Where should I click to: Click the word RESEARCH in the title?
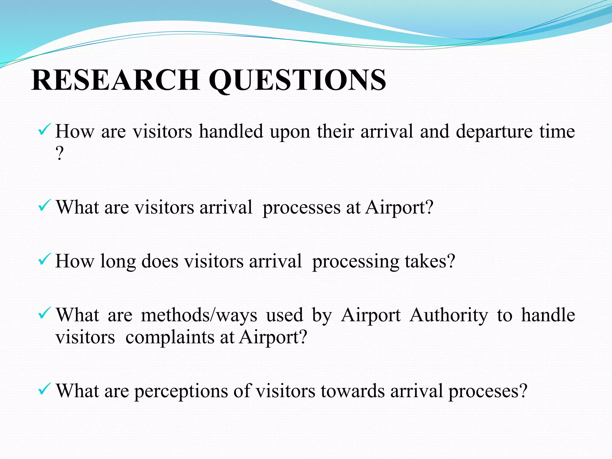(115, 80)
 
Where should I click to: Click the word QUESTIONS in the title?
(297, 80)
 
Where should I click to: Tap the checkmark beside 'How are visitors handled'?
(44, 130)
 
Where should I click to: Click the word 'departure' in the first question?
(494, 131)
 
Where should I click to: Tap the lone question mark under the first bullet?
(59, 154)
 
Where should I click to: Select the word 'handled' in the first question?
(231, 131)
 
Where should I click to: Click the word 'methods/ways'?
(199, 316)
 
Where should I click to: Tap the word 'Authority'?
(449, 316)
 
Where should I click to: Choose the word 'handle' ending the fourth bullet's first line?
(548, 315)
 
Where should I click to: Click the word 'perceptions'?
(181, 391)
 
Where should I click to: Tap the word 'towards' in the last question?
(353, 391)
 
